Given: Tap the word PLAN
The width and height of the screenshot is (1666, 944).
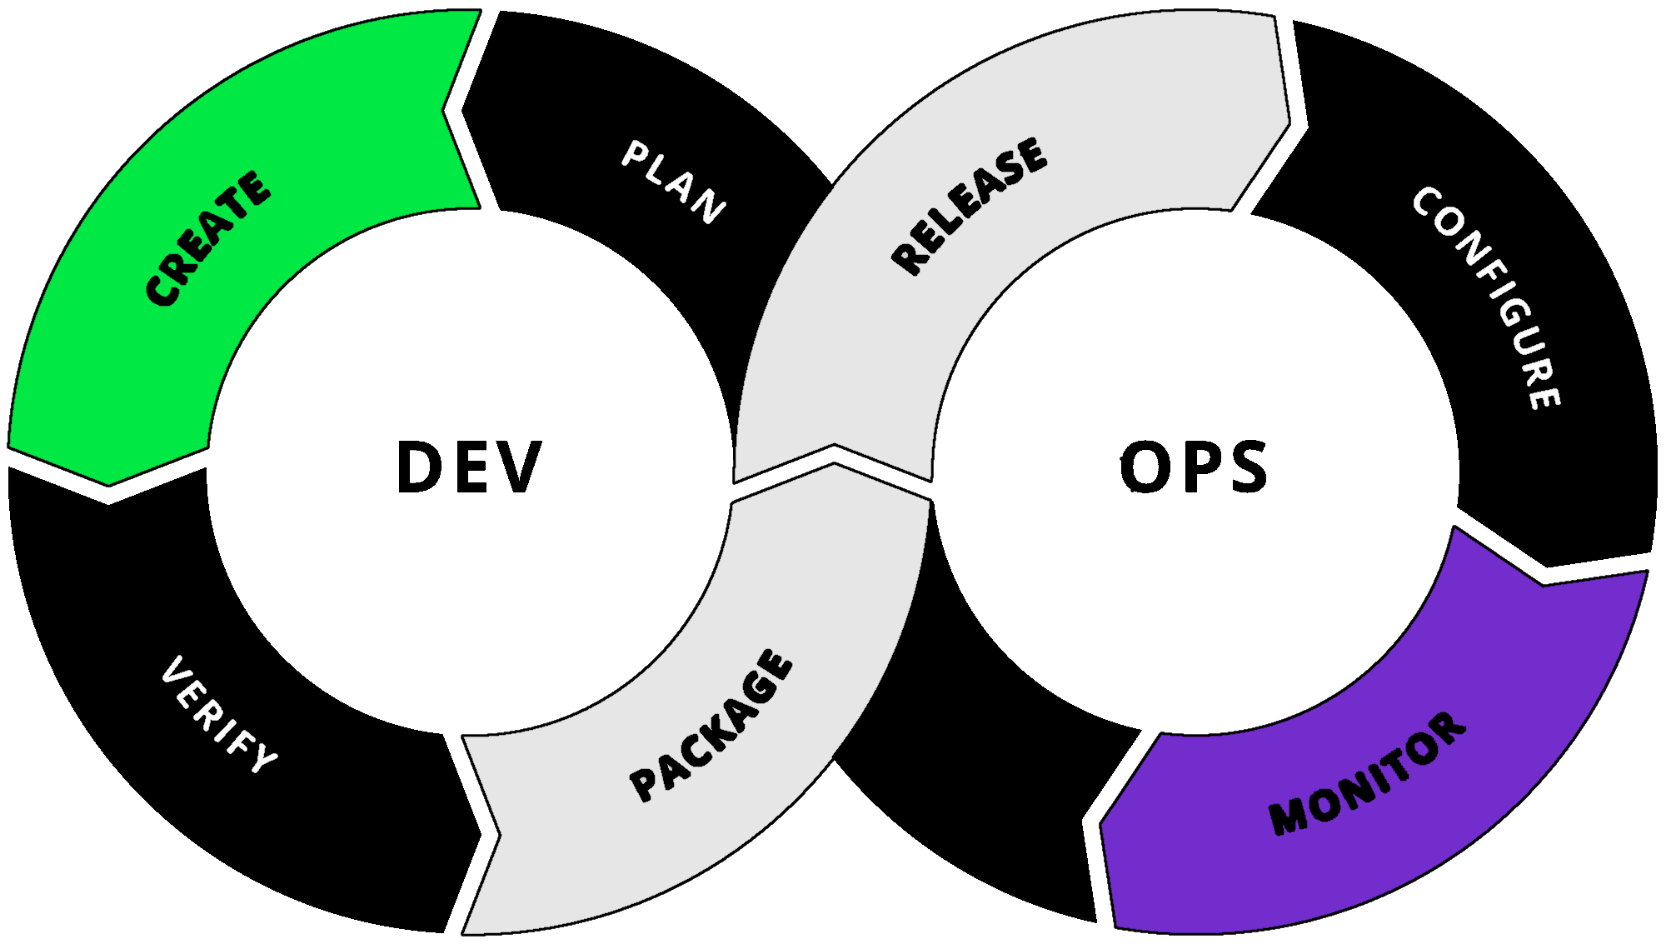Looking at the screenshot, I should tap(673, 182).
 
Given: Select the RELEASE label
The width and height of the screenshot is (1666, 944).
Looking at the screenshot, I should tap(969, 206).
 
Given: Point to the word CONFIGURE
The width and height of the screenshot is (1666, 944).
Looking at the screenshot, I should tap(1488, 297).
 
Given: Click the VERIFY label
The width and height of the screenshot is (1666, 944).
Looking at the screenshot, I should tap(219, 715).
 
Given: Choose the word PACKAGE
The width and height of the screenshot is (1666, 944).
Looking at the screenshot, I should tap(711, 727).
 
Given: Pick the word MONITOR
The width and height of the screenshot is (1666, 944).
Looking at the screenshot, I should tap(1366, 774).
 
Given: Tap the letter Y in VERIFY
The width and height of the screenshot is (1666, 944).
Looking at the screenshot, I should tap(265, 758).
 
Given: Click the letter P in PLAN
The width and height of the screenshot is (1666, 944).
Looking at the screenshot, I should tap(636, 154).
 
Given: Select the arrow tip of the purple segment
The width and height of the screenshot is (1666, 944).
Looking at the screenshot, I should tap(1542, 587).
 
